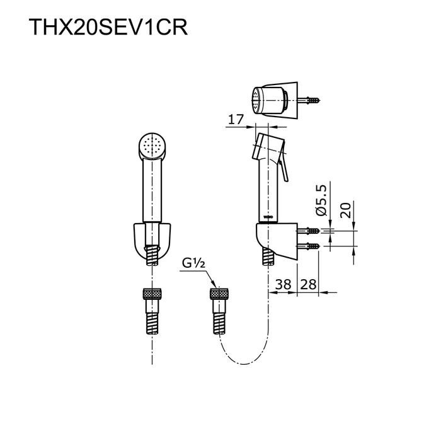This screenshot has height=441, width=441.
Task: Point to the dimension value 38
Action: (283, 284)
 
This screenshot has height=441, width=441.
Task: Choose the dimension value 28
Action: (308, 284)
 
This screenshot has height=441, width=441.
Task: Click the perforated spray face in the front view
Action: (153, 146)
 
